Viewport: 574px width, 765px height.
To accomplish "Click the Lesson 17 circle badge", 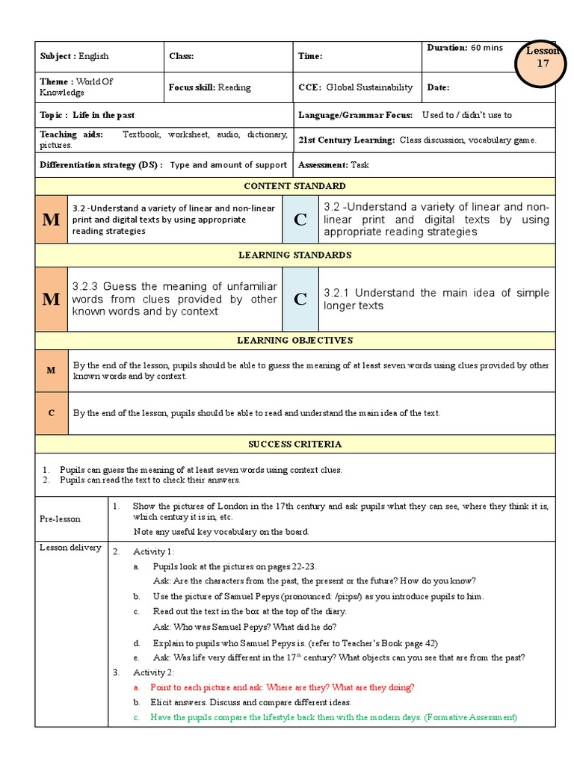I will tap(543, 58).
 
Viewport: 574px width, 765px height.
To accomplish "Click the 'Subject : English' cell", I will tap(74, 56).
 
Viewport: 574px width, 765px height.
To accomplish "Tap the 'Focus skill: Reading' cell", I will tap(209, 87).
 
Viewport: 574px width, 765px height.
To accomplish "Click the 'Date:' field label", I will tap(438, 87).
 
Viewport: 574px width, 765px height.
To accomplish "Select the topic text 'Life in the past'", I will tap(104, 115).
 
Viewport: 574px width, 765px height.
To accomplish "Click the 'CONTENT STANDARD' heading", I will tap(294, 186).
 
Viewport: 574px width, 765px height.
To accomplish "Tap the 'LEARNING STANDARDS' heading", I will tap(294, 255).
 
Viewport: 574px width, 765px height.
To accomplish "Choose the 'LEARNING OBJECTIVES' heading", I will tap(294, 341).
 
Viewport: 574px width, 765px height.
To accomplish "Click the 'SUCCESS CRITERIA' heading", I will tap(294, 445).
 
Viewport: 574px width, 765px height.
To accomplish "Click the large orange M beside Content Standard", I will tap(51, 220).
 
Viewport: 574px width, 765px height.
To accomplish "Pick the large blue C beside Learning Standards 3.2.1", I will tap(300, 300).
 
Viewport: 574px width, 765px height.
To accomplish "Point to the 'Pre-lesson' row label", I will tap(61, 518).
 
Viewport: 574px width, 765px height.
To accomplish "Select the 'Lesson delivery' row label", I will tap(70, 548).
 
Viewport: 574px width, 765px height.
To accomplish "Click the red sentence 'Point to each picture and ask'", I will tap(282, 687).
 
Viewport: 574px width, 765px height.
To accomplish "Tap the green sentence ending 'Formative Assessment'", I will tap(333, 717).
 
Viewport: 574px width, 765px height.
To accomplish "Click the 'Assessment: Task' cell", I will tap(333, 165).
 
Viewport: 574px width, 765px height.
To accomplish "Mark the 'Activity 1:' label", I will tap(154, 551).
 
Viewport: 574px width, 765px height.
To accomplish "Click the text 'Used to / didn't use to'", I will tap(467, 115).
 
